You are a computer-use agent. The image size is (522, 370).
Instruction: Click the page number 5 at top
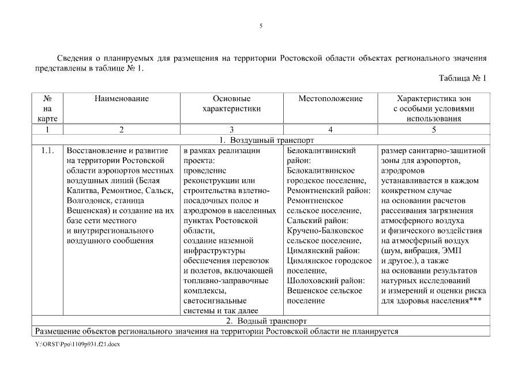pos(261,26)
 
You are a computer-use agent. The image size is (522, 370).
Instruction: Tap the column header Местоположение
pos(330,99)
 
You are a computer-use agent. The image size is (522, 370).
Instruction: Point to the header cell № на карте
pos(47,109)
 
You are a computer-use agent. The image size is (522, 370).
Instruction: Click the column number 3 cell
pos(231,129)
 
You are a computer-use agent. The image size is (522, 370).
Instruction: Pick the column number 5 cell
pos(434,129)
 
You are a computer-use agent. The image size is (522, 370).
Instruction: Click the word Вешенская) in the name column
pos(88,210)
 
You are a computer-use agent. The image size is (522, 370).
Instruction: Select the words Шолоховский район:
pos(322,280)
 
